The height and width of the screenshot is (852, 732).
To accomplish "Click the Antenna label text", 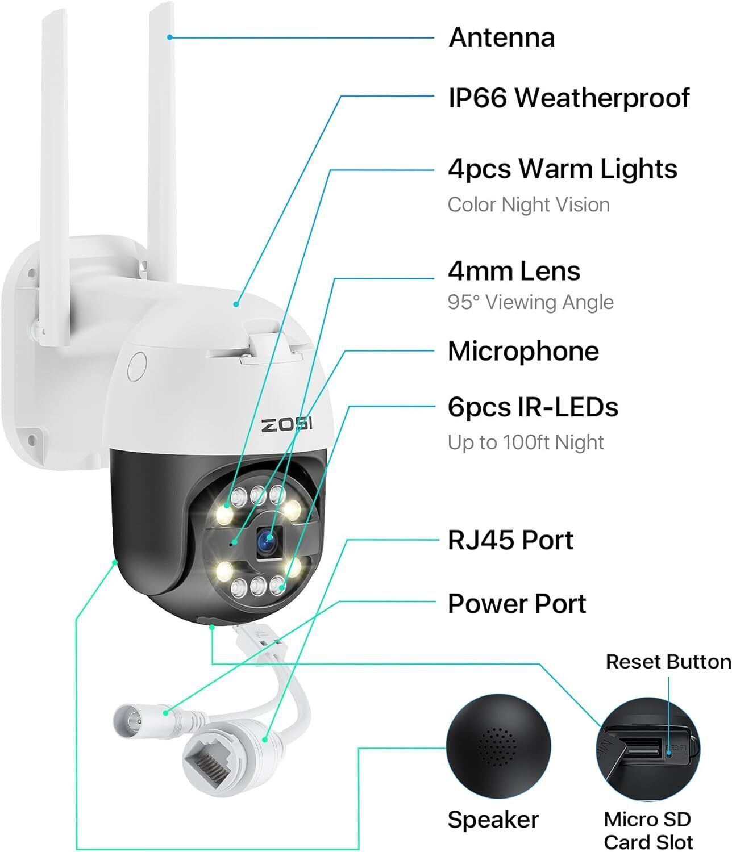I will click(501, 37).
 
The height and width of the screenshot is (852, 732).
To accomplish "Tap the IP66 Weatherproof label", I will click(568, 98).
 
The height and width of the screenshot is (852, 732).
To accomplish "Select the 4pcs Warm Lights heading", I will click(562, 169).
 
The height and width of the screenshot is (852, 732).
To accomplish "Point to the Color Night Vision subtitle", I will click(528, 204).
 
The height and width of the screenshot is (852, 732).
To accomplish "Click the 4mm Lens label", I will click(514, 271).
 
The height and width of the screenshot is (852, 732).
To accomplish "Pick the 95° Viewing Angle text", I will click(530, 302).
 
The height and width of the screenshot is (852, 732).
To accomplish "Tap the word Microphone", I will click(523, 351).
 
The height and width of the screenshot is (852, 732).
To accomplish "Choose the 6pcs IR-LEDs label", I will click(533, 407).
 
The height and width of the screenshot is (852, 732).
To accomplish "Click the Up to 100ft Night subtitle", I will click(525, 442).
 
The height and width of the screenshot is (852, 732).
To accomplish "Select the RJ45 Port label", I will click(510, 540).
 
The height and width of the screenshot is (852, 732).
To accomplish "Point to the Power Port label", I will click(517, 604).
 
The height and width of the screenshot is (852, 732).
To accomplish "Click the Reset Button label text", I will click(668, 662).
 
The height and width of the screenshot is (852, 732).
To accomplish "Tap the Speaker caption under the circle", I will click(493, 820).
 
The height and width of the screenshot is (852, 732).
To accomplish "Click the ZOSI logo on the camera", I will click(287, 424).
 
